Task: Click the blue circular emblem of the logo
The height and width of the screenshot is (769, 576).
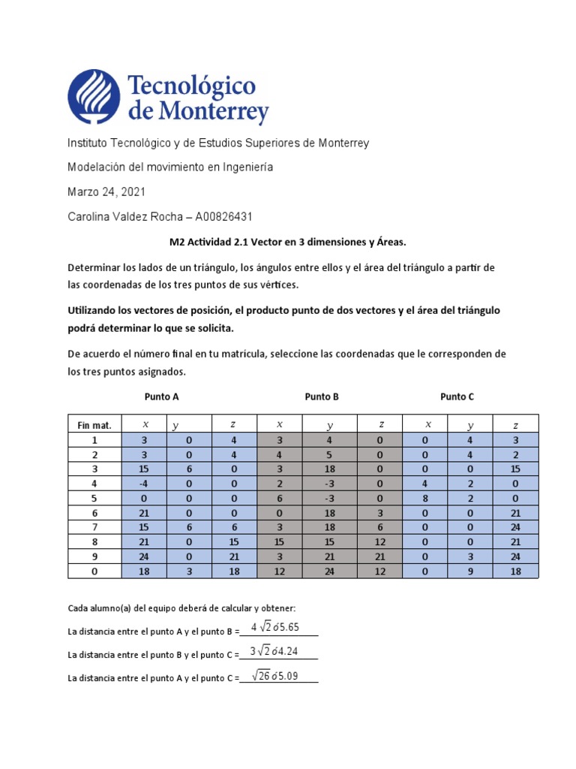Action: (95, 96)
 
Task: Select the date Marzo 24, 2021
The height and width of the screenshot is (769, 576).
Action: (106, 192)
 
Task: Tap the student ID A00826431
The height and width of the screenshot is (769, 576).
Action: (223, 217)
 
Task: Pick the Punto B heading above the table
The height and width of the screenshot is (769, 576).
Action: (322, 397)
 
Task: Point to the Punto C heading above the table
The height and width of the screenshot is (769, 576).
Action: (457, 397)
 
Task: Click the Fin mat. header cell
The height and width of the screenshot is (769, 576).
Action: (94, 425)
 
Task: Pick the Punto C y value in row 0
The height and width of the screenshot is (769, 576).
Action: (470, 571)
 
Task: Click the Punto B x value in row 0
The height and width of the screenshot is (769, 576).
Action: (279, 571)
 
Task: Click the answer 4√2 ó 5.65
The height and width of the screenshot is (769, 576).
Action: (274, 628)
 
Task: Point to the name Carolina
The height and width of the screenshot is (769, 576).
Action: (90, 217)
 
